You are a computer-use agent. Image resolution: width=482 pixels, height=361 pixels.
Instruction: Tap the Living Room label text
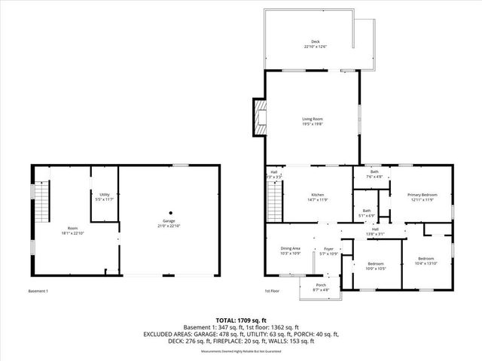pyautogui.click(x=313, y=121)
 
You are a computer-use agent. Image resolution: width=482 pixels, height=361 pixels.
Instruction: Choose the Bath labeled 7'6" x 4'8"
pyautogui.click(x=374, y=174)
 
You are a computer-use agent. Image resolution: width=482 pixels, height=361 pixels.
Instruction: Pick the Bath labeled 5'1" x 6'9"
pyautogui.click(x=367, y=213)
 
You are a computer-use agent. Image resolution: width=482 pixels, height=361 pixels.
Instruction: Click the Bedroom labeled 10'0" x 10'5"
pyautogui.click(x=375, y=265)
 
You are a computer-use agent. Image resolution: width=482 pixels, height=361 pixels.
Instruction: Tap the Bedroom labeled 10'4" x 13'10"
pyautogui.click(x=426, y=260)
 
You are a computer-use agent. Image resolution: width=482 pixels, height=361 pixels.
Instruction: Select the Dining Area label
pyautogui.click(x=291, y=250)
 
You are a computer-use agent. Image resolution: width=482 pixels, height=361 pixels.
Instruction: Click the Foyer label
pyautogui.click(x=328, y=250)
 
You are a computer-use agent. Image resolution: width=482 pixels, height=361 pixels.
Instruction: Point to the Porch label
pyautogui.click(x=321, y=287)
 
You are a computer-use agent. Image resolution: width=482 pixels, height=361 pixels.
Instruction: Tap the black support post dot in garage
pyautogui.click(x=170, y=212)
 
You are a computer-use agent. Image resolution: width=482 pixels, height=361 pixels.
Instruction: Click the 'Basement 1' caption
pyautogui.click(x=38, y=292)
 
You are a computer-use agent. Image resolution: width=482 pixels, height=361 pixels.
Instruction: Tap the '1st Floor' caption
pyautogui.click(x=272, y=292)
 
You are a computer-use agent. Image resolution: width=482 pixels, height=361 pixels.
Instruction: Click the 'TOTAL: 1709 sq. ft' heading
pyautogui.click(x=240, y=320)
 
